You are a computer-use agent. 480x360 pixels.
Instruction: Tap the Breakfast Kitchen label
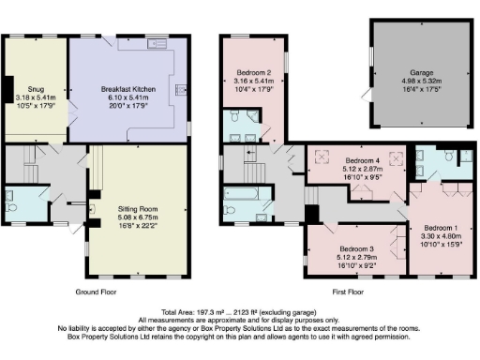pos(127,89)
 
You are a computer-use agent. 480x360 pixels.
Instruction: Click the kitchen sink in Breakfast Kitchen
pos(154,43)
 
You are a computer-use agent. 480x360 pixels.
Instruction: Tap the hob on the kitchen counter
pos(179,91)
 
